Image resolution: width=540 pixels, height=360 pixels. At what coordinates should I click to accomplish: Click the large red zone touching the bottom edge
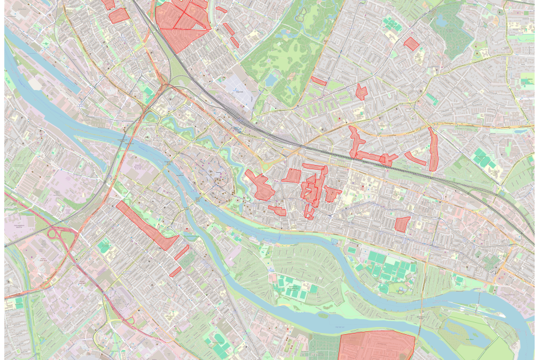pyautogui.click(x=377, y=347)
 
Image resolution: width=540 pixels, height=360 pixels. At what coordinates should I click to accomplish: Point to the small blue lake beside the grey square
pyautogui.click(x=271, y=80)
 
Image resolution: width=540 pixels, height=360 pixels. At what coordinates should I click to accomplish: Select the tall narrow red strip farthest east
pyautogui.click(x=433, y=150)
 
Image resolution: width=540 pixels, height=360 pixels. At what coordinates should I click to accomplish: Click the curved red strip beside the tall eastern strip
pyautogui.click(x=415, y=160)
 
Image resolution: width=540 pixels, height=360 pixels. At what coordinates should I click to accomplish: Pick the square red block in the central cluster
pyautogui.click(x=292, y=175)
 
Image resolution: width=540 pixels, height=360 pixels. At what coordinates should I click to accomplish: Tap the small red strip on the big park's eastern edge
pyautogui.click(x=319, y=80)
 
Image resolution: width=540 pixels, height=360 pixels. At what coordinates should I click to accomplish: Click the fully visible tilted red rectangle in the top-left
pyautogui.click(x=119, y=16)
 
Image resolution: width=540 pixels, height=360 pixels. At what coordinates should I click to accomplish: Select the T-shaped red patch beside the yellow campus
pyautogui.click(x=332, y=194)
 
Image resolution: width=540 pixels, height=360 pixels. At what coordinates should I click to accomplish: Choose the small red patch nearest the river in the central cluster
pyautogui.click(x=277, y=210)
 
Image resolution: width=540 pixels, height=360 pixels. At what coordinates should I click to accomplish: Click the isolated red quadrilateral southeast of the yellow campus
pyautogui.click(x=402, y=224)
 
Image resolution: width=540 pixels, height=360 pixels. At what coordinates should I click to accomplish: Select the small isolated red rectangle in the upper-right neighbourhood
pyautogui.click(x=411, y=43)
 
